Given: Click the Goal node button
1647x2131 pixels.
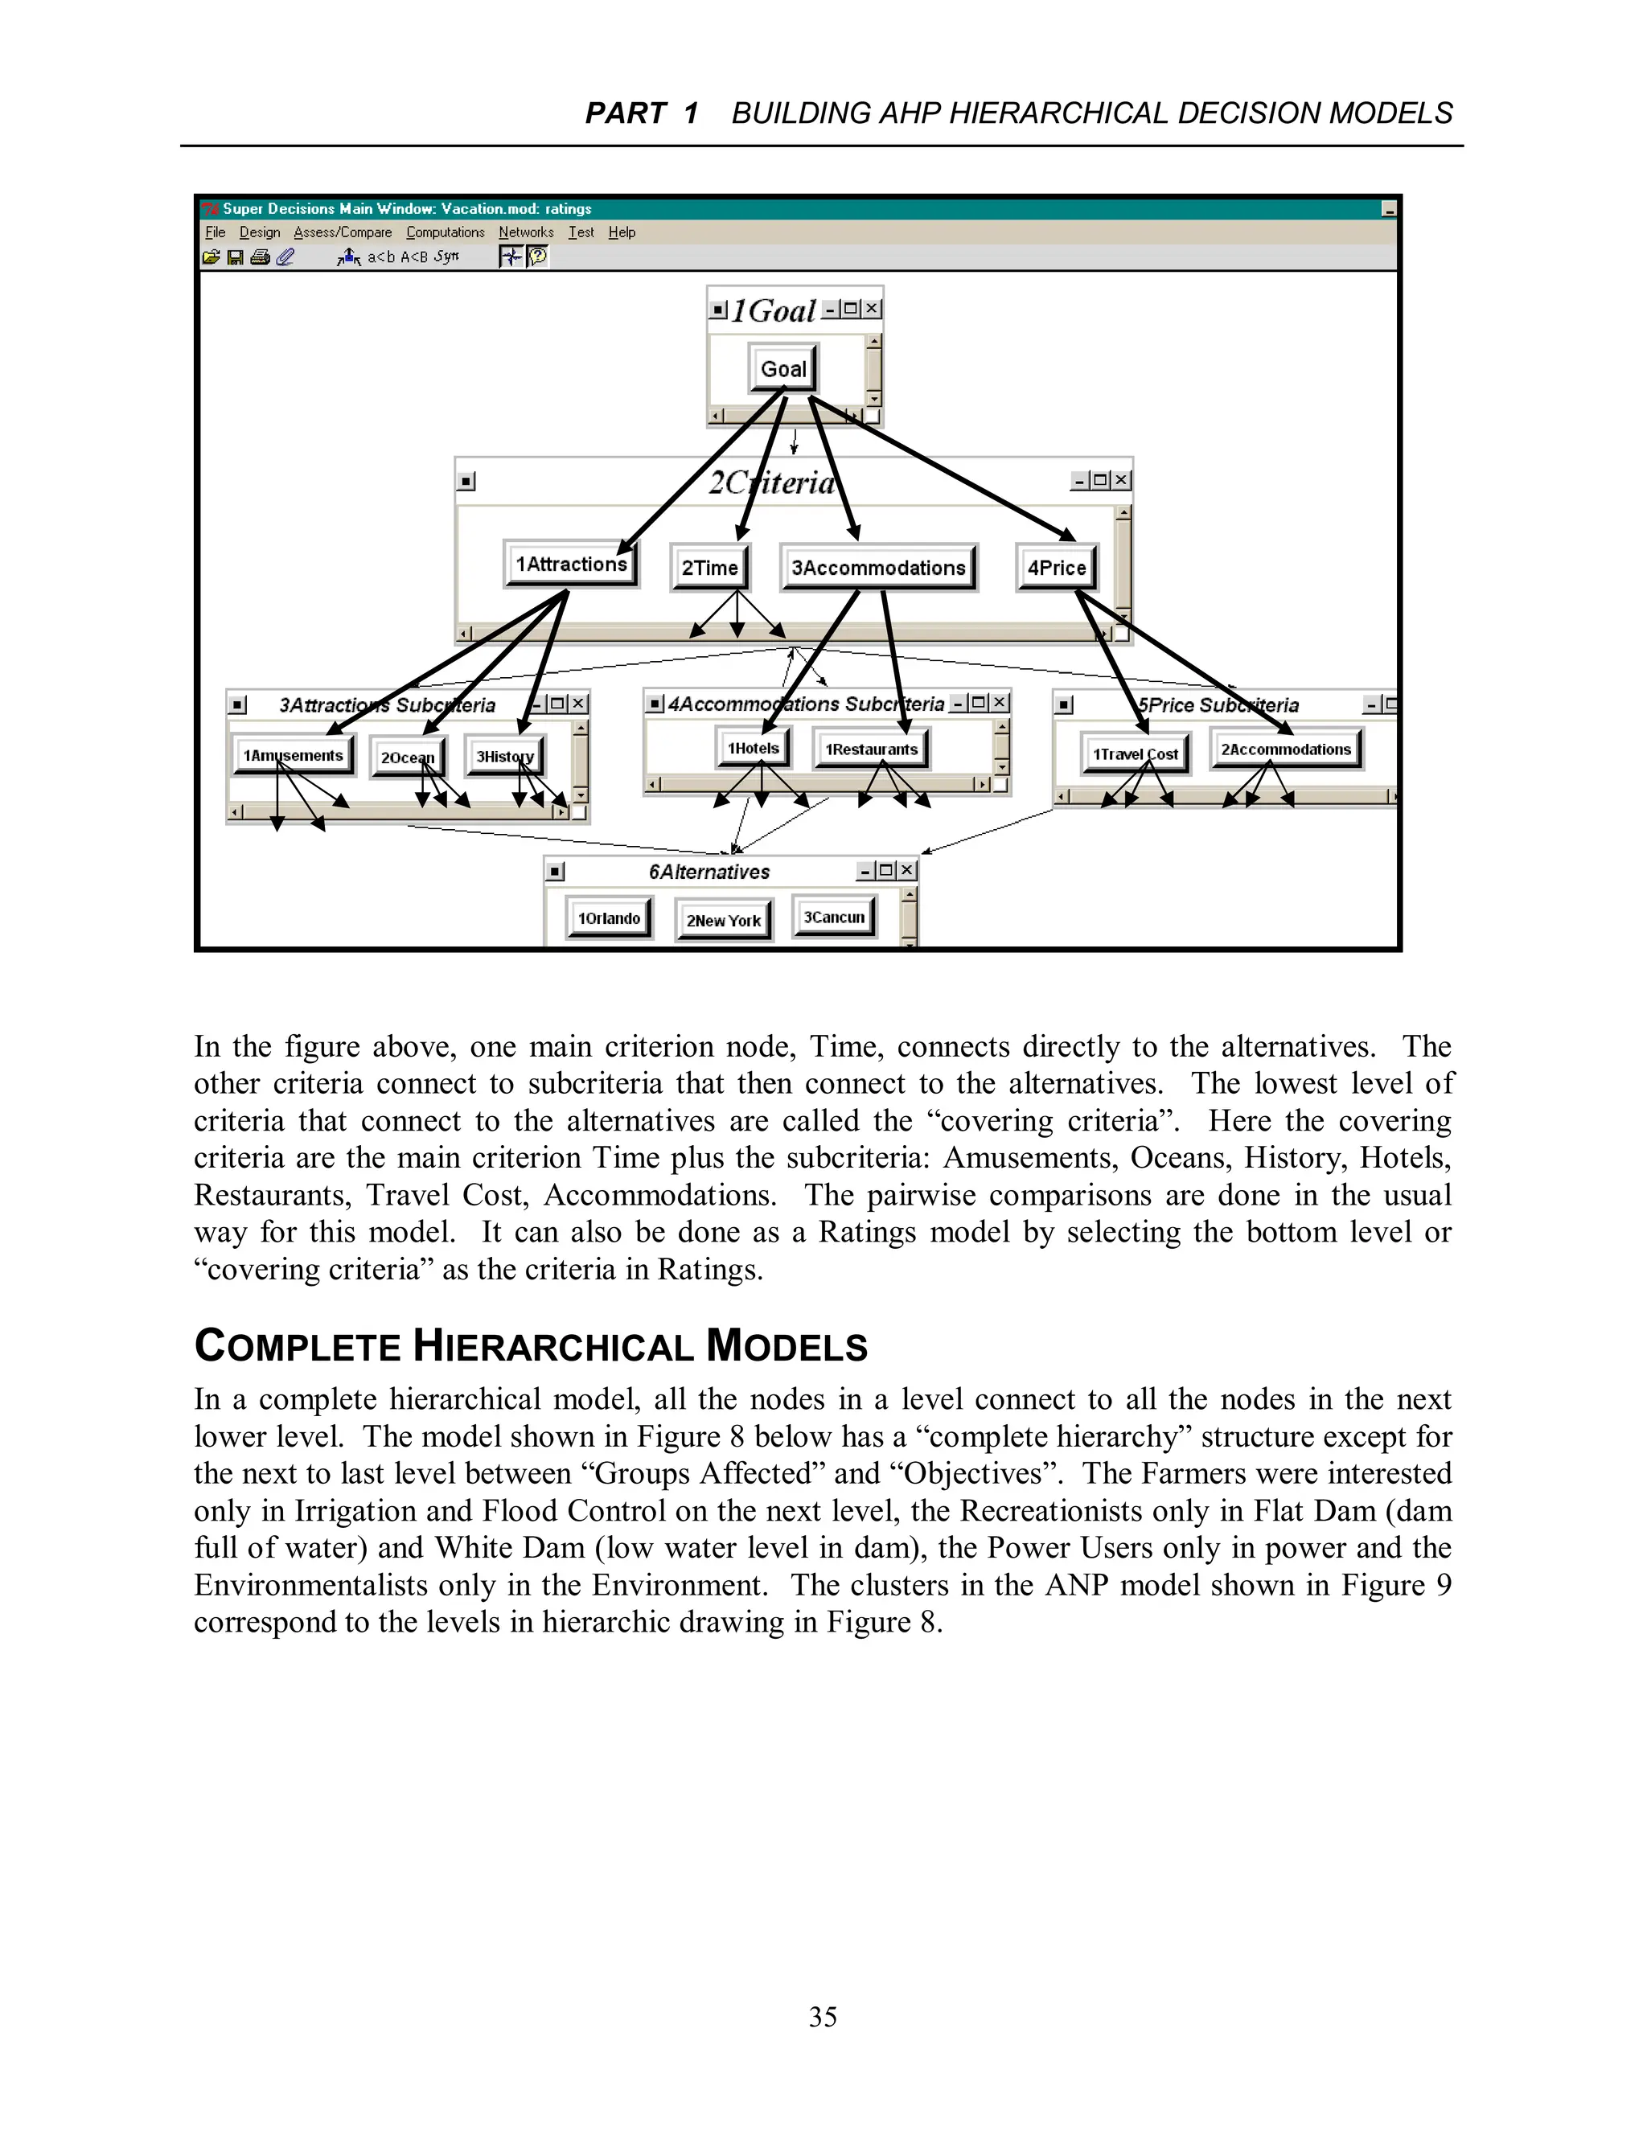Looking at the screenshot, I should (783, 369).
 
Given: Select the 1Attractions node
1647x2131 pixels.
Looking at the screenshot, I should (571, 564).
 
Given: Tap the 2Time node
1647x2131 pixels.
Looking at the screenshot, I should (709, 568).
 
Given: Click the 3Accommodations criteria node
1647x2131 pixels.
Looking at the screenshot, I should (878, 568).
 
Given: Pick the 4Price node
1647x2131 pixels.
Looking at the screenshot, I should (1057, 568).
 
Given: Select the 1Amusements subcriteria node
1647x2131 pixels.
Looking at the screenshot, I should (293, 755).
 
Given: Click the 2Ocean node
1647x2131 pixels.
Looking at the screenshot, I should (407, 758).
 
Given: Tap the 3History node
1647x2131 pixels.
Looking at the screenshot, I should (504, 756).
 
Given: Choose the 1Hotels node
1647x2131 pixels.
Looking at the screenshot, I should (754, 749).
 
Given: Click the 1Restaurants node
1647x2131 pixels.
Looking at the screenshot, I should (871, 749).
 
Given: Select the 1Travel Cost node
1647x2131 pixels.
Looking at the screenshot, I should (1135, 754).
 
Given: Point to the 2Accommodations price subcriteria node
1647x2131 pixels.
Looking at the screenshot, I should (1286, 749).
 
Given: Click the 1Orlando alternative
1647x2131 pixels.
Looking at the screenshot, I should (609, 918).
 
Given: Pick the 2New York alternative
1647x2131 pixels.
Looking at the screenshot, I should (723, 920).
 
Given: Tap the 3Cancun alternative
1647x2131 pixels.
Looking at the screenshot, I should (834, 918).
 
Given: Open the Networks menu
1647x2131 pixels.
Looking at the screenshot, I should (526, 232).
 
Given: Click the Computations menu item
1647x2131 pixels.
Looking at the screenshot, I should (445, 232).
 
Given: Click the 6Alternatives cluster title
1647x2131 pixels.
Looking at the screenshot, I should (709, 873).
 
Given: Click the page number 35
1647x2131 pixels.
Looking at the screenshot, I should (823, 2017).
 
